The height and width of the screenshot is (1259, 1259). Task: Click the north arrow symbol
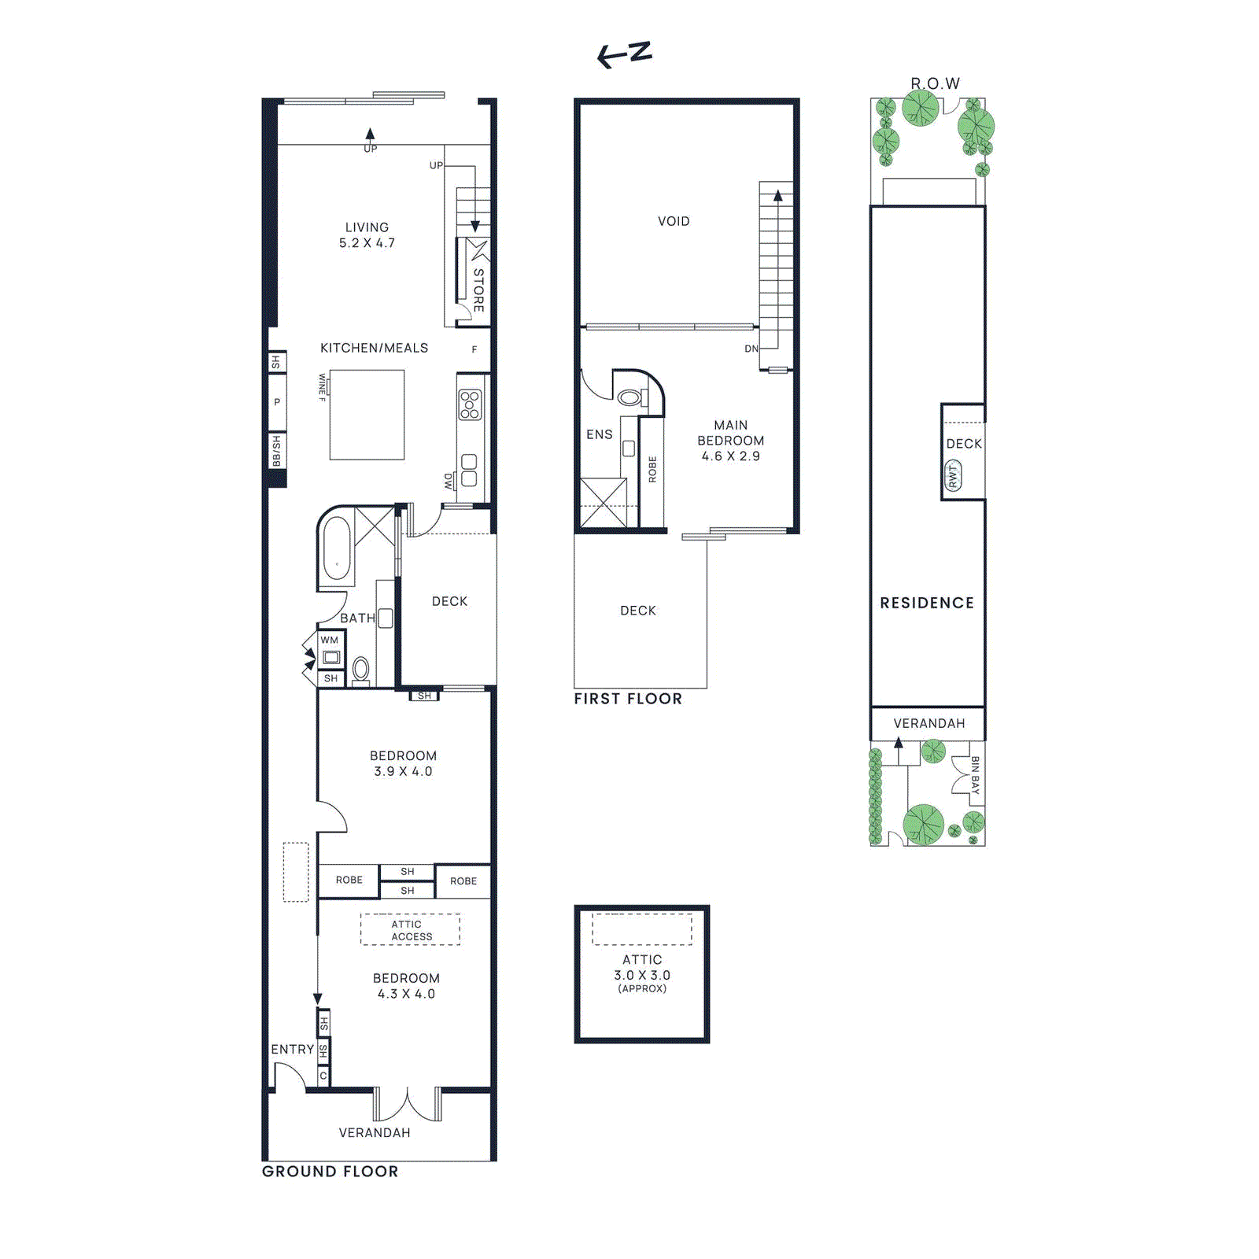625,54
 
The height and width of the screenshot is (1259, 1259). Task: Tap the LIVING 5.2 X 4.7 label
367,235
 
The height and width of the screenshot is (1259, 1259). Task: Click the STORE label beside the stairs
478,290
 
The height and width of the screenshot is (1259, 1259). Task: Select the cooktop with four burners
470,404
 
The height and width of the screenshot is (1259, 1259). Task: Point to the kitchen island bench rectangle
367,415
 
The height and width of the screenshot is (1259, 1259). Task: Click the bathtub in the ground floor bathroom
337,548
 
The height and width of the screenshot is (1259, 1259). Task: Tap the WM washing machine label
329,641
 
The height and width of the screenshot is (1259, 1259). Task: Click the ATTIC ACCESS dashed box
410,929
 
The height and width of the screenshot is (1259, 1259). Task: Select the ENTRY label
292,1049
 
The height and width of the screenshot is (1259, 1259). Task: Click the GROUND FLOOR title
330,1171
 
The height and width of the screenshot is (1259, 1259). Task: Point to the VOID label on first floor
674,222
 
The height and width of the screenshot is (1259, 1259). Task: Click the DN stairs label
751,349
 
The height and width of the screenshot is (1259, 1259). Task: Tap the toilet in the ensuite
629,397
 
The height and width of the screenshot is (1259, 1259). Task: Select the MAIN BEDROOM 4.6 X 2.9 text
730,441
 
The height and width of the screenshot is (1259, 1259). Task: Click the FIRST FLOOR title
627,699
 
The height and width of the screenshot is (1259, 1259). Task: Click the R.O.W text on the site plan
935,83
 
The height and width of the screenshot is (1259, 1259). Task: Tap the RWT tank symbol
953,476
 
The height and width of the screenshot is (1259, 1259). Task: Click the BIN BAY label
975,775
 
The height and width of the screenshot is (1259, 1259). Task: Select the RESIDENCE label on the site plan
927,603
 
